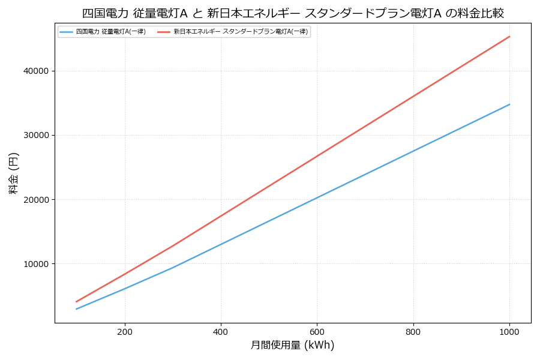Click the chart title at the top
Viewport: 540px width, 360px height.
pyautogui.click(x=293, y=13)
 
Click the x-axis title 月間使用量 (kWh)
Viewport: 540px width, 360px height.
pyautogui.click(x=292, y=345)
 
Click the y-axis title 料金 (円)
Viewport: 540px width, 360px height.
pyautogui.click(x=13, y=173)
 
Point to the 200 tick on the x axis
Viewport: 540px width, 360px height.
pyautogui.click(x=125, y=331)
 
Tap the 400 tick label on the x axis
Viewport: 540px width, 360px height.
pyautogui.click(x=221, y=331)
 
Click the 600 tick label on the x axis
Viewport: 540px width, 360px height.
pyautogui.click(x=317, y=331)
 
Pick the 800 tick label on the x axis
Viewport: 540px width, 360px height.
pyautogui.click(x=413, y=331)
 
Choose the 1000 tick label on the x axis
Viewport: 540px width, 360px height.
pyautogui.click(x=509, y=331)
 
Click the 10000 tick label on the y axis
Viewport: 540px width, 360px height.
pyautogui.click(x=35, y=264)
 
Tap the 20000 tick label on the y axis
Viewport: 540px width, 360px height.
pyautogui.click(x=35, y=200)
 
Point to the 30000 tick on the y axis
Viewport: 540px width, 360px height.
pyautogui.click(x=35, y=136)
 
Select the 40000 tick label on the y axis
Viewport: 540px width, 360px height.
pyautogui.click(x=35, y=71)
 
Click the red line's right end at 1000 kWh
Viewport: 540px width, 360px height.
pyautogui.click(x=509, y=36)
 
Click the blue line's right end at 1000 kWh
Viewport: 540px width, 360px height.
pyautogui.click(x=509, y=104)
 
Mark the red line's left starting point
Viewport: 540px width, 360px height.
pyautogui.click(x=76, y=302)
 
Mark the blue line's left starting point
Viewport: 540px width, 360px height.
pyautogui.click(x=76, y=309)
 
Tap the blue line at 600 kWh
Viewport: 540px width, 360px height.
pyautogui.click(x=317, y=197)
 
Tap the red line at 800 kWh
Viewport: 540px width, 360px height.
pyautogui.click(x=413, y=96)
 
